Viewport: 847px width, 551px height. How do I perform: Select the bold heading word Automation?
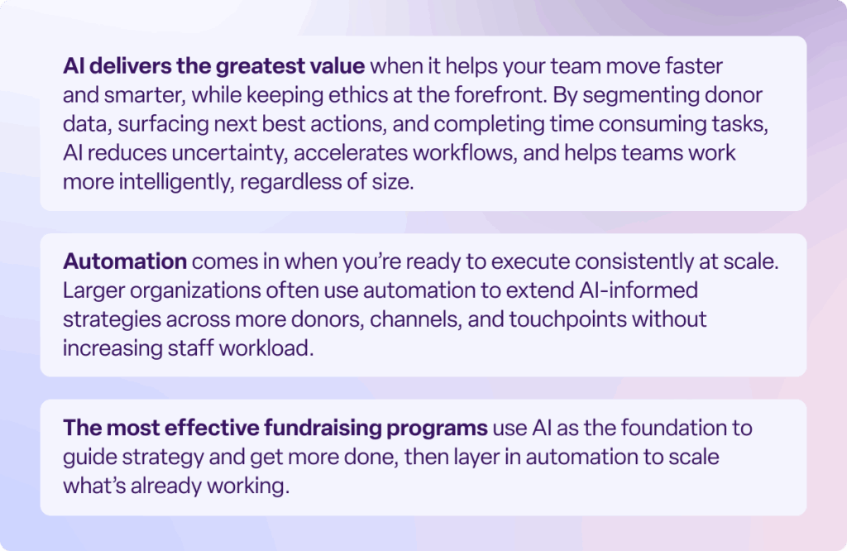125,262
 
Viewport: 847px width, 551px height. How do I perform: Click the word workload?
266,347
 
